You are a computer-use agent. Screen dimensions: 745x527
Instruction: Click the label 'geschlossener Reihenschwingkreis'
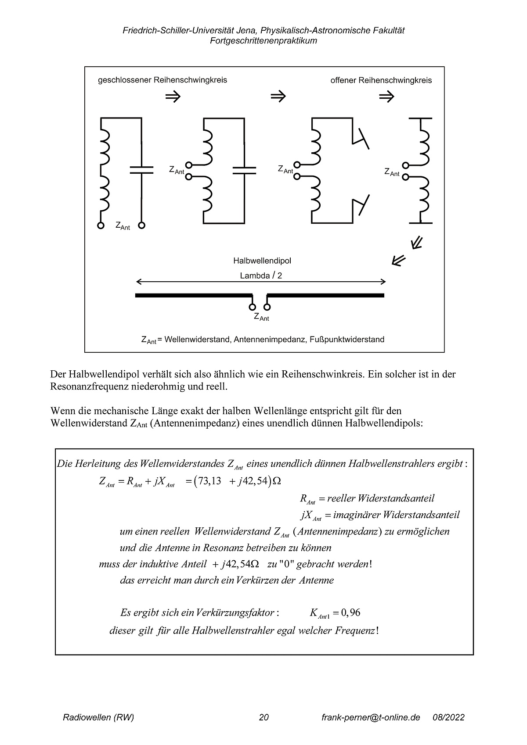[x=162, y=80]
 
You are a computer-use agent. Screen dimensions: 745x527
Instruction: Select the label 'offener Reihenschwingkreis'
[x=381, y=80]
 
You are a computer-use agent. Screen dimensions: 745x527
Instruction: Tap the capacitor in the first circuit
[x=141, y=170]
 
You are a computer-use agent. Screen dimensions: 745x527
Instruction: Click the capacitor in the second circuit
[x=244, y=170]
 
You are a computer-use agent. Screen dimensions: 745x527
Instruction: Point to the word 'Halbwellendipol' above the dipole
[x=262, y=261]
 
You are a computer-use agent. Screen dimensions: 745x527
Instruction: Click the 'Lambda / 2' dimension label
[x=261, y=276]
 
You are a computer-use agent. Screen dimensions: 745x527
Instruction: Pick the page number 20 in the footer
[x=264, y=717]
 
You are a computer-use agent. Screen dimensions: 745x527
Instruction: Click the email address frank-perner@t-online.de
[x=371, y=717]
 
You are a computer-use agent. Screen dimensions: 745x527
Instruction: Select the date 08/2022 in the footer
[x=448, y=717]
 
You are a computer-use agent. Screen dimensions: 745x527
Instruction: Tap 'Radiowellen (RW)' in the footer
[x=98, y=717]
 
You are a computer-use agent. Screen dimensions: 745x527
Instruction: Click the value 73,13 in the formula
[x=209, y=481]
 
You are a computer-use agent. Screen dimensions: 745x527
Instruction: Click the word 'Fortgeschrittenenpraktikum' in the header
[x=263, y=41]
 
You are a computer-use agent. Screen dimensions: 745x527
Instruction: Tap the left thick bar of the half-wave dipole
[x=193, y=296]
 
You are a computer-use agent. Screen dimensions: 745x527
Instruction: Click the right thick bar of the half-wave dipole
[x=326, y=296]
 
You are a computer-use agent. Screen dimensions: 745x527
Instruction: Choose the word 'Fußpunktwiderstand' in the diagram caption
[x=350, y=339]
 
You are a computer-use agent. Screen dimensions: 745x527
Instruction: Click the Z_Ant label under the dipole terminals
[x=261, y=317]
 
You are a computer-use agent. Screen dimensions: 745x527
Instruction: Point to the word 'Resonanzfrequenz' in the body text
[x=83, y=387]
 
